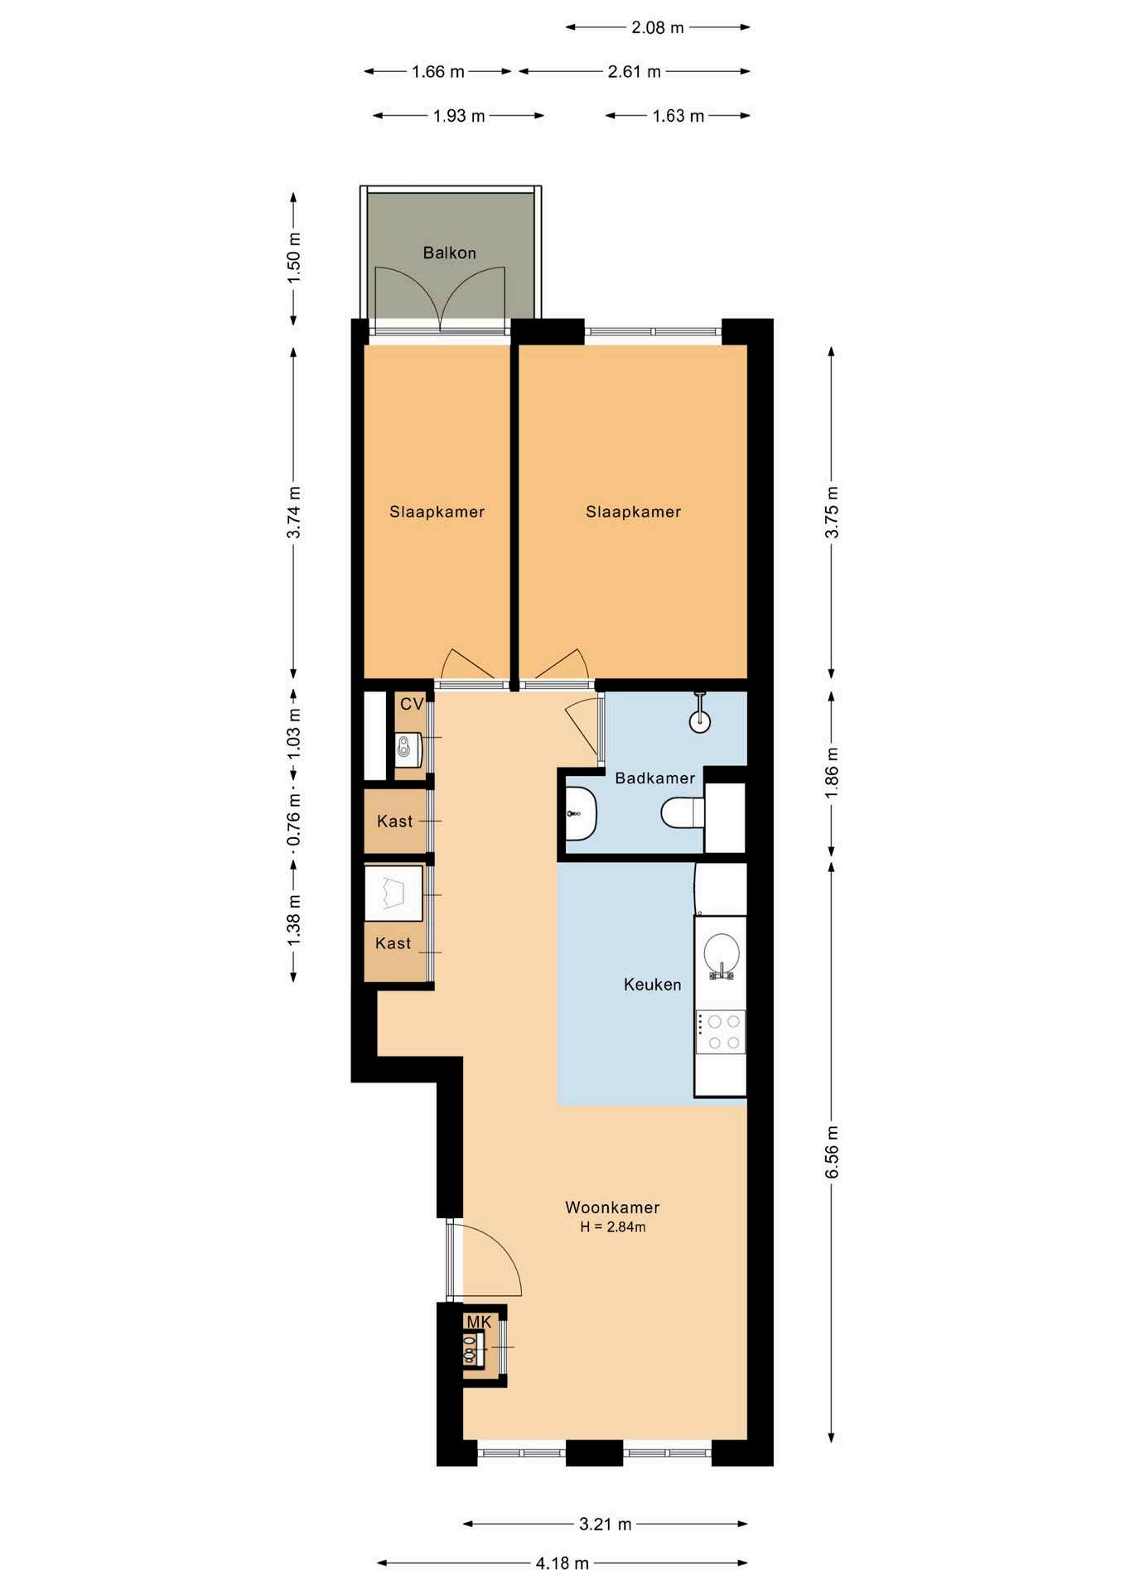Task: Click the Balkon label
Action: (x=449, y=253)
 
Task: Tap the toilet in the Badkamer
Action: (x=683, y=812)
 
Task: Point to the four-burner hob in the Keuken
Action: (x=721, y=1032)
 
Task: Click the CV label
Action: (x=412, y=704)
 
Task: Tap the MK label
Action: (x=479, y=1322)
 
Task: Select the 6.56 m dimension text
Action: (x=832, y=1151)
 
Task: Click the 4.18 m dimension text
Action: (x=562, y=1563)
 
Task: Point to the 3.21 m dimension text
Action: (x=606, y=1523)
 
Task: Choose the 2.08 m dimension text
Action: (x=658, y=27)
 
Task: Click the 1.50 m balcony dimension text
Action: (x=293, y=258)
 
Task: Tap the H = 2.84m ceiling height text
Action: (x=613, y=1227)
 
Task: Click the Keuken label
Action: (x=653, y=984)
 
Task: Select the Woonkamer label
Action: (x=612, y=1207)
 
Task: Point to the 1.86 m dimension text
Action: (x=832, y=773)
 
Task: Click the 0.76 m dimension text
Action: (x=293, y=820)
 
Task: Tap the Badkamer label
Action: (x=654, y=778)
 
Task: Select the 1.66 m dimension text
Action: (x=438, y=71)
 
